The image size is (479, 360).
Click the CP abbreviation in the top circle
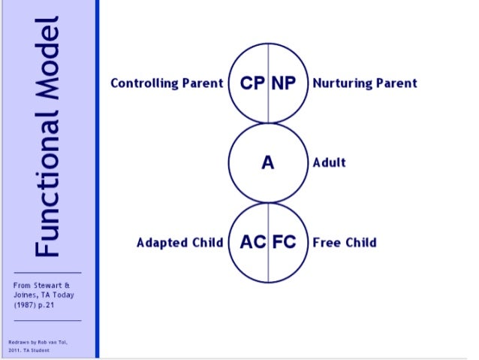click(252, 83)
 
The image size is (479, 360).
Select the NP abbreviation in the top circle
click(284, 83)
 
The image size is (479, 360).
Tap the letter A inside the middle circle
click(268, 162)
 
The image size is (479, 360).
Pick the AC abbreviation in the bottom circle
click(252, 242)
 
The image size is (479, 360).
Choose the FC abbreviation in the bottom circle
click(284, 242)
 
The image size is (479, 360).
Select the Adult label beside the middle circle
click(330, 162)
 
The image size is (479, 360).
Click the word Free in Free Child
click(326, 242)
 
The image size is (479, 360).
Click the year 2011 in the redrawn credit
click(16, 350)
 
